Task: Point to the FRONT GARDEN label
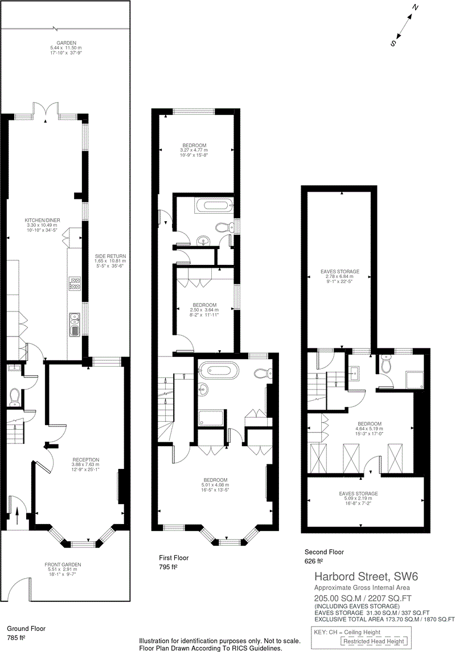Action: coord(63,564)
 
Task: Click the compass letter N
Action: coord(416,8)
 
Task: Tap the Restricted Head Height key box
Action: coord(374,641)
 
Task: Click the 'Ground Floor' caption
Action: coord(26,629)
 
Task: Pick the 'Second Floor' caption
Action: coord(325,551)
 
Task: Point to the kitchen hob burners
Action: coord(75,283)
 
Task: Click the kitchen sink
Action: coord(75,325)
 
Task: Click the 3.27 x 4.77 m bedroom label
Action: coord(195,145)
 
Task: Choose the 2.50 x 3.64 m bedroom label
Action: coord(204,305)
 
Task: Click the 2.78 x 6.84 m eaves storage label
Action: coord(340,272)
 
